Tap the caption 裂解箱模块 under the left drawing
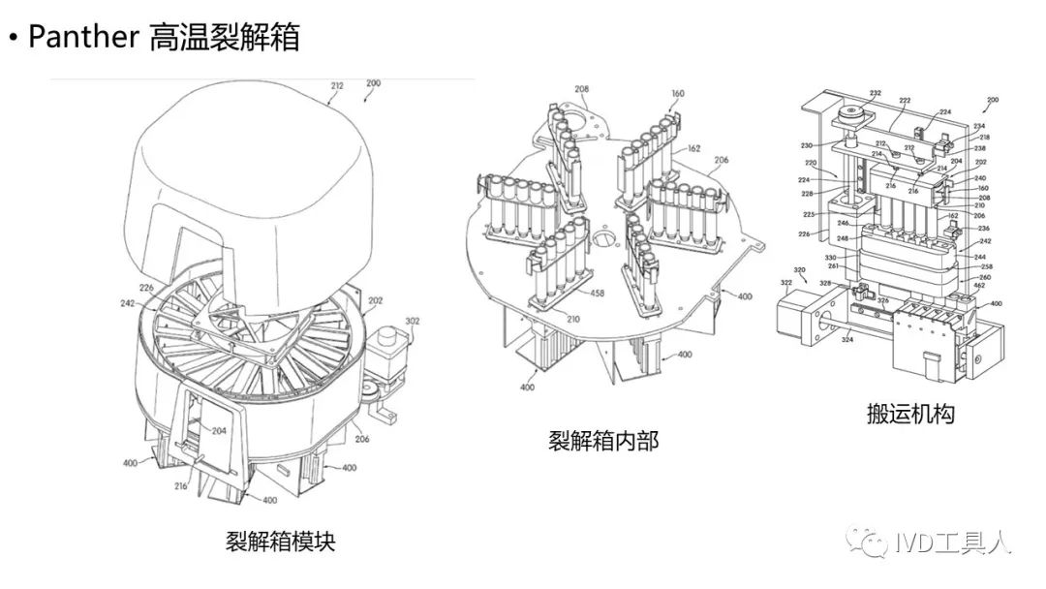point(280,540)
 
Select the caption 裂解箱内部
point(602,442)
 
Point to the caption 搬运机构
point(910,414)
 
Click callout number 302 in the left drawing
point(412,322)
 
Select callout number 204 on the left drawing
point(218,432)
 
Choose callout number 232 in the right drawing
point(848,94)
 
